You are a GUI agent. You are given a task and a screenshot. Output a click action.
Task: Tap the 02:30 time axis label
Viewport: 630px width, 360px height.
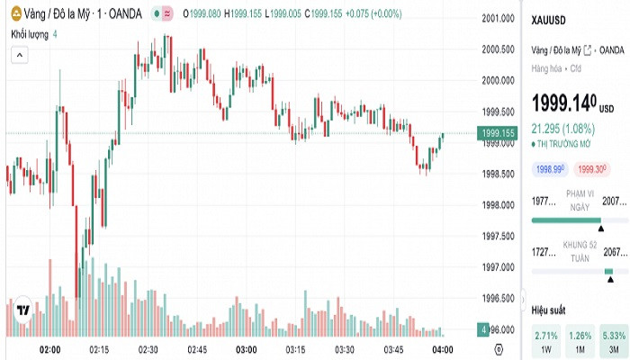(x=148, y=349)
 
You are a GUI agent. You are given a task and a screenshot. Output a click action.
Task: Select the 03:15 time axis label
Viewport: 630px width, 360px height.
(x=294, y=349)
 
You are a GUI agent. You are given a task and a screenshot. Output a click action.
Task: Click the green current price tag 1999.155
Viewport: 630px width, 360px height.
(x=498, y=133)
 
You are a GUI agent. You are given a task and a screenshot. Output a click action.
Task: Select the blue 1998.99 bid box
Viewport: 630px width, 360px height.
(x=550, y=168)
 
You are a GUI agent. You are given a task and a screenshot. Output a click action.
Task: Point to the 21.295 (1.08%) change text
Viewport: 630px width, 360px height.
(x=566, y=128)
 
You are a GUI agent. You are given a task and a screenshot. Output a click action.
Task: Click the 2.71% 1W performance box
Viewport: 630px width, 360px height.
(x=546, y=340)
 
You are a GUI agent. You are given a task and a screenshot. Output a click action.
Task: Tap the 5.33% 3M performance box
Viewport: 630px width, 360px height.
(x=615, y=340)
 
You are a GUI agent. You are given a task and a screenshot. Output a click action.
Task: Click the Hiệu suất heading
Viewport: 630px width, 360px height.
(x=549, y=309)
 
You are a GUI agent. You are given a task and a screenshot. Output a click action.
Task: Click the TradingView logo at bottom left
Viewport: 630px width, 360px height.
(x=24, y=310)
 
